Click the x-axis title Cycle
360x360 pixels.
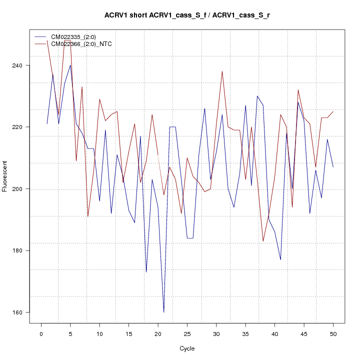point(187,348)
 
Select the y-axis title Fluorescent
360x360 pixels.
point(5,176)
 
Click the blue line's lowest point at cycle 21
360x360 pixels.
point(163,312)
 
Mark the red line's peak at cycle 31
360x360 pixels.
point(222,71)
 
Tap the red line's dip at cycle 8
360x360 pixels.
point(88,216)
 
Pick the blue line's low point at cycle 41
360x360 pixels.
point(280,259)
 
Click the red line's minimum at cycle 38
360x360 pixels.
point(263,241)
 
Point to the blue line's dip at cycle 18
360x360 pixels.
point(146,272)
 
